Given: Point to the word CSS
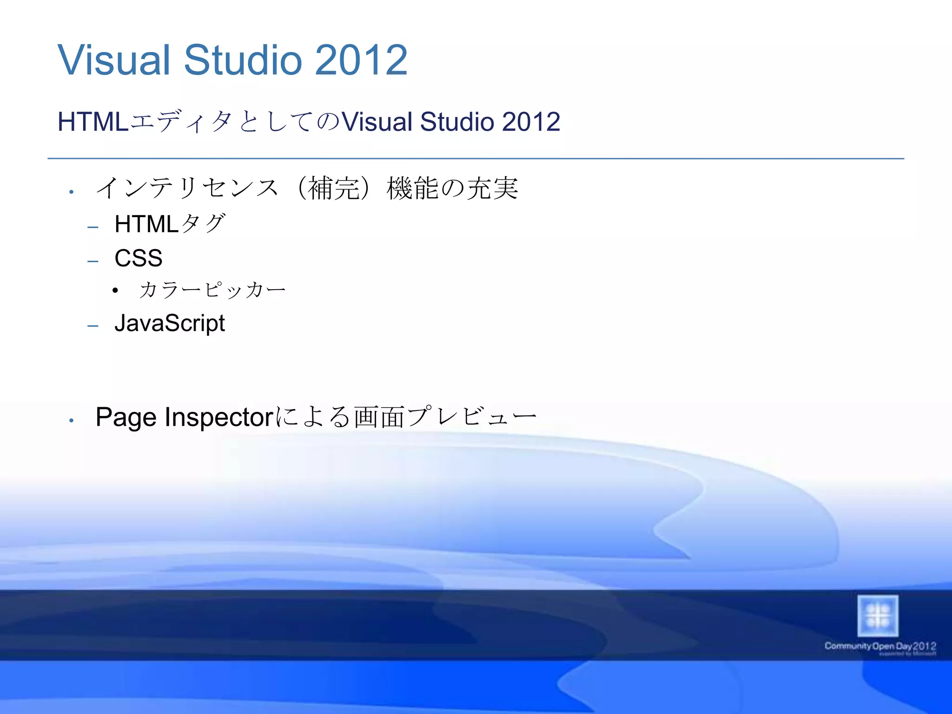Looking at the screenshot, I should pyautogui.click(x=139, y=258).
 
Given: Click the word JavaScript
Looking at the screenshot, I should pyautogui.click(x=170, y=324).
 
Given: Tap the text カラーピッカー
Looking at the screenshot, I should pyautogui.click(x=212, y=290).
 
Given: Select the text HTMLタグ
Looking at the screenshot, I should pyautogui.click(x=170, y=224).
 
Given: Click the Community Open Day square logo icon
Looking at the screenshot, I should pyautogui.click(x=878, y=616).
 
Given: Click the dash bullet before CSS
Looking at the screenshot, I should pyautogui.click(x=93, y=261).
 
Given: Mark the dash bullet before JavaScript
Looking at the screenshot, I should pyautogui.click(x=93, y=326).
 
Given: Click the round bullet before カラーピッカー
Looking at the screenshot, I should pyautogui.click(x=115, y=291).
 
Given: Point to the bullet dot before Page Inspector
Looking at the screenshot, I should pyautogui.click(x=71, y=421).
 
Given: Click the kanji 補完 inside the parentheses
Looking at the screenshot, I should pyautogui.click(x=334, y=188).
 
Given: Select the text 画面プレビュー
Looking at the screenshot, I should pyautogui.click(x=445, y=416).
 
